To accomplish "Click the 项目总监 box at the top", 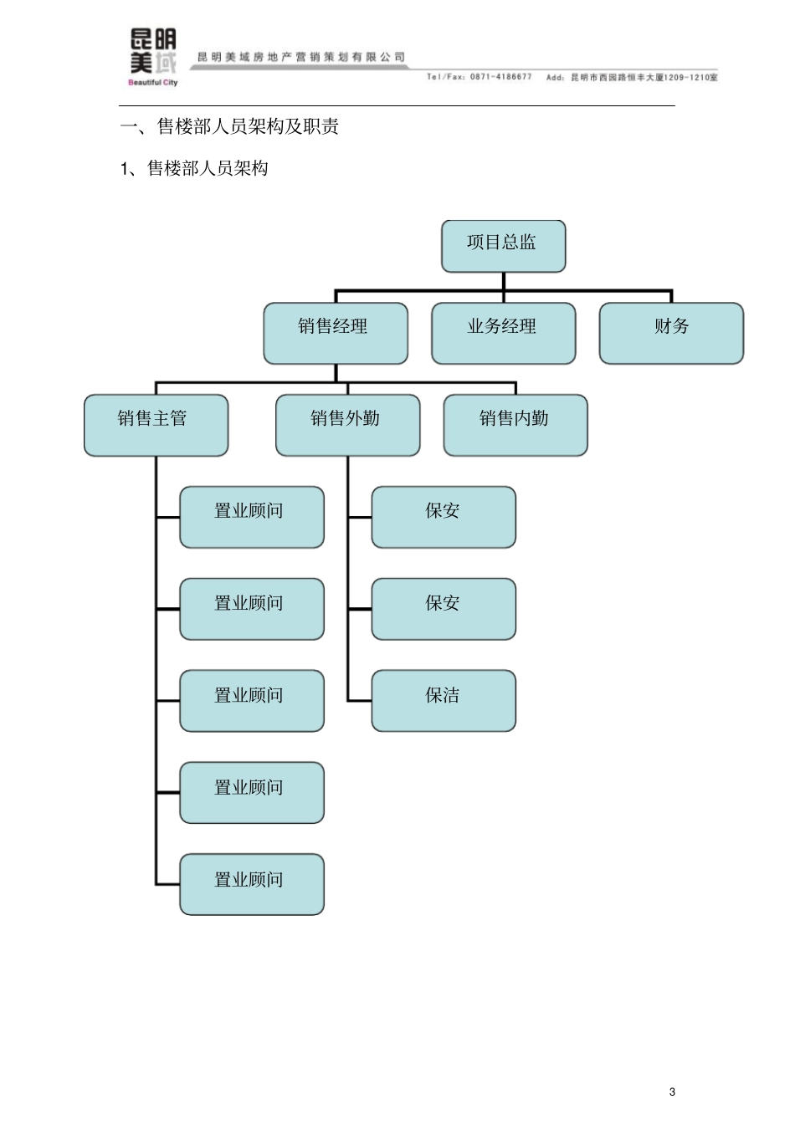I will (x=503, y=246).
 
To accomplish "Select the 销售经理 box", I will (x=336, y=333).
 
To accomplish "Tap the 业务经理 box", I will (x=503, y=333).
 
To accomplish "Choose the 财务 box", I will (x=671, y=333).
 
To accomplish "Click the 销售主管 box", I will (x=156, y=425).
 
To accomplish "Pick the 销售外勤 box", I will (x=347, y=425).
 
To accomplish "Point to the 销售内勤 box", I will (x=515, y=425).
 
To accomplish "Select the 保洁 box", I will (x=444, y=700).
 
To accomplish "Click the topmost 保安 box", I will (x=444, y=517).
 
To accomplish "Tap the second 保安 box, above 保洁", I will (x=444, y=609).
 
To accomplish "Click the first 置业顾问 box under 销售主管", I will (x=251, y=517).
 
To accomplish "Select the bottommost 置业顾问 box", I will (x=251, y=884).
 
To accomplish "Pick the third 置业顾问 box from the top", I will (x=251, y=700).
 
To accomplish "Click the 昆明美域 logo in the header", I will (x=153, y=52).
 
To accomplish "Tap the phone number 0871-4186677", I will (x=500, y=77).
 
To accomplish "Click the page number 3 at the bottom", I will (x=672, y=1092).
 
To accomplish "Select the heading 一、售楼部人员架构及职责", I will (x=229, y=127).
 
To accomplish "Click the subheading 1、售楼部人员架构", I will (x=194, y=169).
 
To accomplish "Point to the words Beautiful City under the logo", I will (x=152, y=83).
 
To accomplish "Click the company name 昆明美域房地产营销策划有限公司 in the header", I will (x=301, y=57).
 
